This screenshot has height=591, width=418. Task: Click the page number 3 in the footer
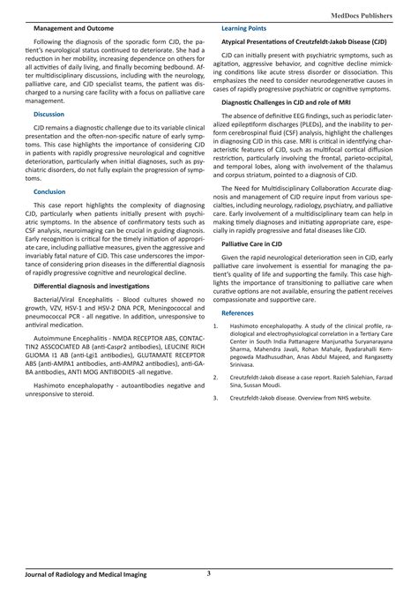(x=208, y=574)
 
